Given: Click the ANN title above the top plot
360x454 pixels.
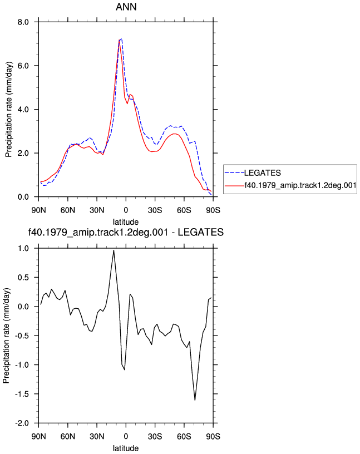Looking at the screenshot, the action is (x=126, y=7).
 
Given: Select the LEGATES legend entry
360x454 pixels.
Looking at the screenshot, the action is (x=263, y=173).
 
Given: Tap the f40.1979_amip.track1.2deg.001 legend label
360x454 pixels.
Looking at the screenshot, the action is (x=300, y=185).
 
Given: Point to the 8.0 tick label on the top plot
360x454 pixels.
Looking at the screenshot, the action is (x=23, y=22).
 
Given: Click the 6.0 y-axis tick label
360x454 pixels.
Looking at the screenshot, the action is (x=23, y=66).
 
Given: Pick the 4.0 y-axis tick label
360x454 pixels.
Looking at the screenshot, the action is (x=23, y=110).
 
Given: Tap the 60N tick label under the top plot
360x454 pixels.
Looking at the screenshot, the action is (x=68, y=210).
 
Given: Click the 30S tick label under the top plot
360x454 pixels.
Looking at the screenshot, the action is (x=155, y=210).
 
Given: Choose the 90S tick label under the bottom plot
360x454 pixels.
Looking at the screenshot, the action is (x=213, y=436).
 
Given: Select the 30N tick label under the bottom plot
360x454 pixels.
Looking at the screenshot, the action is (x=97, y=436).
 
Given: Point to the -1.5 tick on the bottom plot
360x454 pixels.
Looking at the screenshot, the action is (x=22, y=394).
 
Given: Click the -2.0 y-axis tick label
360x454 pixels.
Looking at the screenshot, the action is (x=22, y=423).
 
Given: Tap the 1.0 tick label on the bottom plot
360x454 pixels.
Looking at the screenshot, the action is (x=23, y=249).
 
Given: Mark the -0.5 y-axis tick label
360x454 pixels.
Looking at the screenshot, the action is (x=22, y=336).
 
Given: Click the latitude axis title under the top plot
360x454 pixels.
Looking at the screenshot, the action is (x=126, y=222).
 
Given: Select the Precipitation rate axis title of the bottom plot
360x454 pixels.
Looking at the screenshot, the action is (x=6, y=335).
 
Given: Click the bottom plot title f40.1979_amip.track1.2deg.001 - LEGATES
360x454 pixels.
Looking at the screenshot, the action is (x=126, y=232).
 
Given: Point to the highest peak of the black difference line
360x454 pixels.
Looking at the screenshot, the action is (x=114, y=250).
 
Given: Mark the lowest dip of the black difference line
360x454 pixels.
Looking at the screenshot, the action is (x=195, y=400).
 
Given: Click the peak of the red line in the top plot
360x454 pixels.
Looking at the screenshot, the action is (x=119, y=41).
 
